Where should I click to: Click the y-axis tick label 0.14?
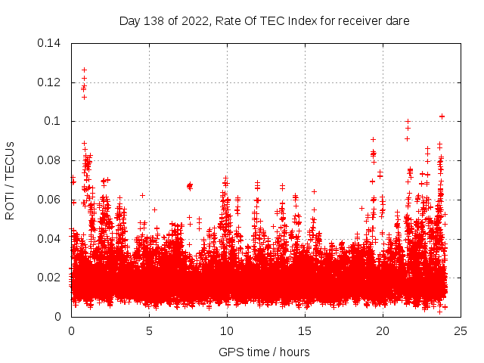pos(50,43)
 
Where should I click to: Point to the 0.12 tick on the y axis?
pos(50,82)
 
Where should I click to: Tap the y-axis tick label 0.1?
pos(54,121)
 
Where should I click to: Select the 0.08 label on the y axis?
pos(50,160)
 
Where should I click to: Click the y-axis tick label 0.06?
pos(50,200)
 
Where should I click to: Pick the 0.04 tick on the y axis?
pos(50,239)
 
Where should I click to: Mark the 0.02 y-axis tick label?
pos(50,278)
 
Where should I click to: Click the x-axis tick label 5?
pos(149,330)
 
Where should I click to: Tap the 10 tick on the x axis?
pos(227,330)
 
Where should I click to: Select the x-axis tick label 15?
pos(305,330)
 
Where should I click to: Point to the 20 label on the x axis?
pos(383,330)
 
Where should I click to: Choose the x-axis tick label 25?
pos(461,330)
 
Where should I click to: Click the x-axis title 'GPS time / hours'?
pos(264,352)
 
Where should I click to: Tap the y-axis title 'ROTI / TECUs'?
pos(10,180)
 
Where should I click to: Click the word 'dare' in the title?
pos(397,21)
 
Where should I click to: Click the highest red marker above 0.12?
pos(84,70)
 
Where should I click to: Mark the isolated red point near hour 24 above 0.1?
pos(442,116)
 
